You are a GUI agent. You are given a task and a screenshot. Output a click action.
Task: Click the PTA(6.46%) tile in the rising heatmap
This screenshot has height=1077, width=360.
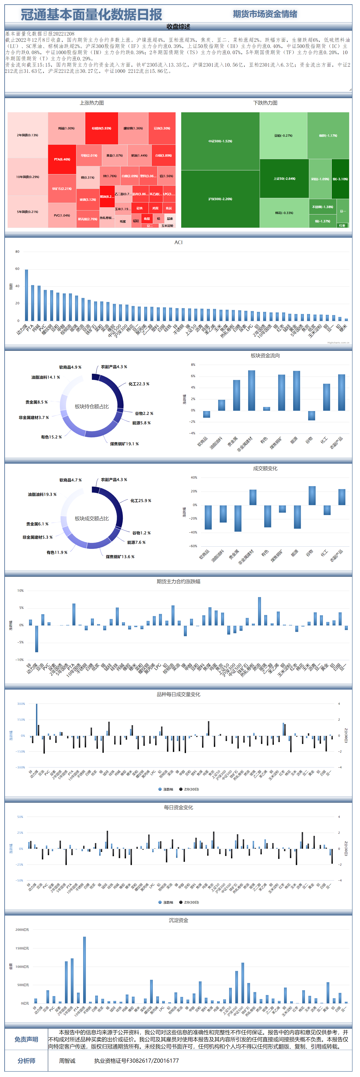pyautogui.click(x=62, y=159)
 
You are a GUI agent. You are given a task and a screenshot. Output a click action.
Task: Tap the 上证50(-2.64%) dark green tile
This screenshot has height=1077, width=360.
pyautogui.click(x=284, y=179)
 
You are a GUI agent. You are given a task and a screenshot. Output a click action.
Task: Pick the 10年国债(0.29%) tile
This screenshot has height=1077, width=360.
pyautogui.click(x=28, y=177)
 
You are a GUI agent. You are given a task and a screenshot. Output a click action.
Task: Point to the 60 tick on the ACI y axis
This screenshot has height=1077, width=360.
pyautogui.click(x=17, y=269)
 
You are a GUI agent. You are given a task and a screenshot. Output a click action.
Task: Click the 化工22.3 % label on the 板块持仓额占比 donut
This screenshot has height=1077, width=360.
pyautogui.click(x=139, y=384)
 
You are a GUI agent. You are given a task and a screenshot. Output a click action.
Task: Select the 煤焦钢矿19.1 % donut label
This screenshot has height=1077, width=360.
pyautogui.click(x=124, y=444)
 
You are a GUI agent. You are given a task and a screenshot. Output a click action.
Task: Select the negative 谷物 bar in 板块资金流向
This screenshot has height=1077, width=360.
pyautogui.click(x=312, y=415)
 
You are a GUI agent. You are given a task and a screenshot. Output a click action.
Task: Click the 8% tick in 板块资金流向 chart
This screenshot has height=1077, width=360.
pyautogui.click(x=193, y=364)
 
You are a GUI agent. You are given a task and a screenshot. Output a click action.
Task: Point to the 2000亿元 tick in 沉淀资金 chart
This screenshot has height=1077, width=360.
pyautogui.click(x=22, y=930)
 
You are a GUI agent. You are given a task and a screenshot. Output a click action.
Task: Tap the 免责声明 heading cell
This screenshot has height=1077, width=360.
pyautogui.click(x=26, y=1039)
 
